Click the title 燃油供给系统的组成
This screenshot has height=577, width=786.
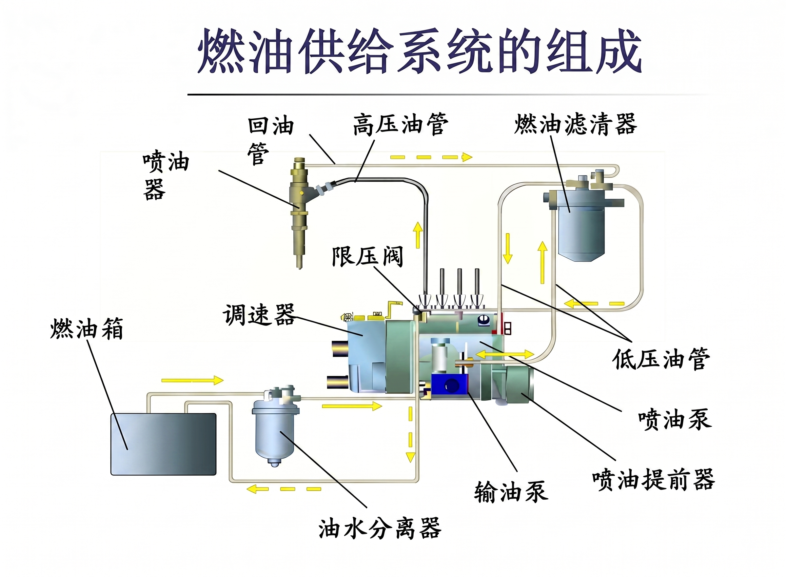pos(419,51)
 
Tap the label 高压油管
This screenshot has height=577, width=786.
pos(400,124)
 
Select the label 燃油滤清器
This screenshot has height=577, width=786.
pos(576,124)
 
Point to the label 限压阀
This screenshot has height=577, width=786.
pos(367,256)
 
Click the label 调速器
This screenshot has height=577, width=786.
pos(259,315)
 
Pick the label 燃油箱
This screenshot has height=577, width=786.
pos(87,328)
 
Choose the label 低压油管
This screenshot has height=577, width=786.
pos(661,359)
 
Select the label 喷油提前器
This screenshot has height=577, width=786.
pos(654,480)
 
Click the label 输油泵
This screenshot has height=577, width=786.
pos(511,492)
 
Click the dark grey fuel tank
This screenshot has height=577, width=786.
pos(164,444)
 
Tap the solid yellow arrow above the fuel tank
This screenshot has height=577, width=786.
pos(192,380)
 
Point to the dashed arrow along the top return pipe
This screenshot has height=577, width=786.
pos(431,157)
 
